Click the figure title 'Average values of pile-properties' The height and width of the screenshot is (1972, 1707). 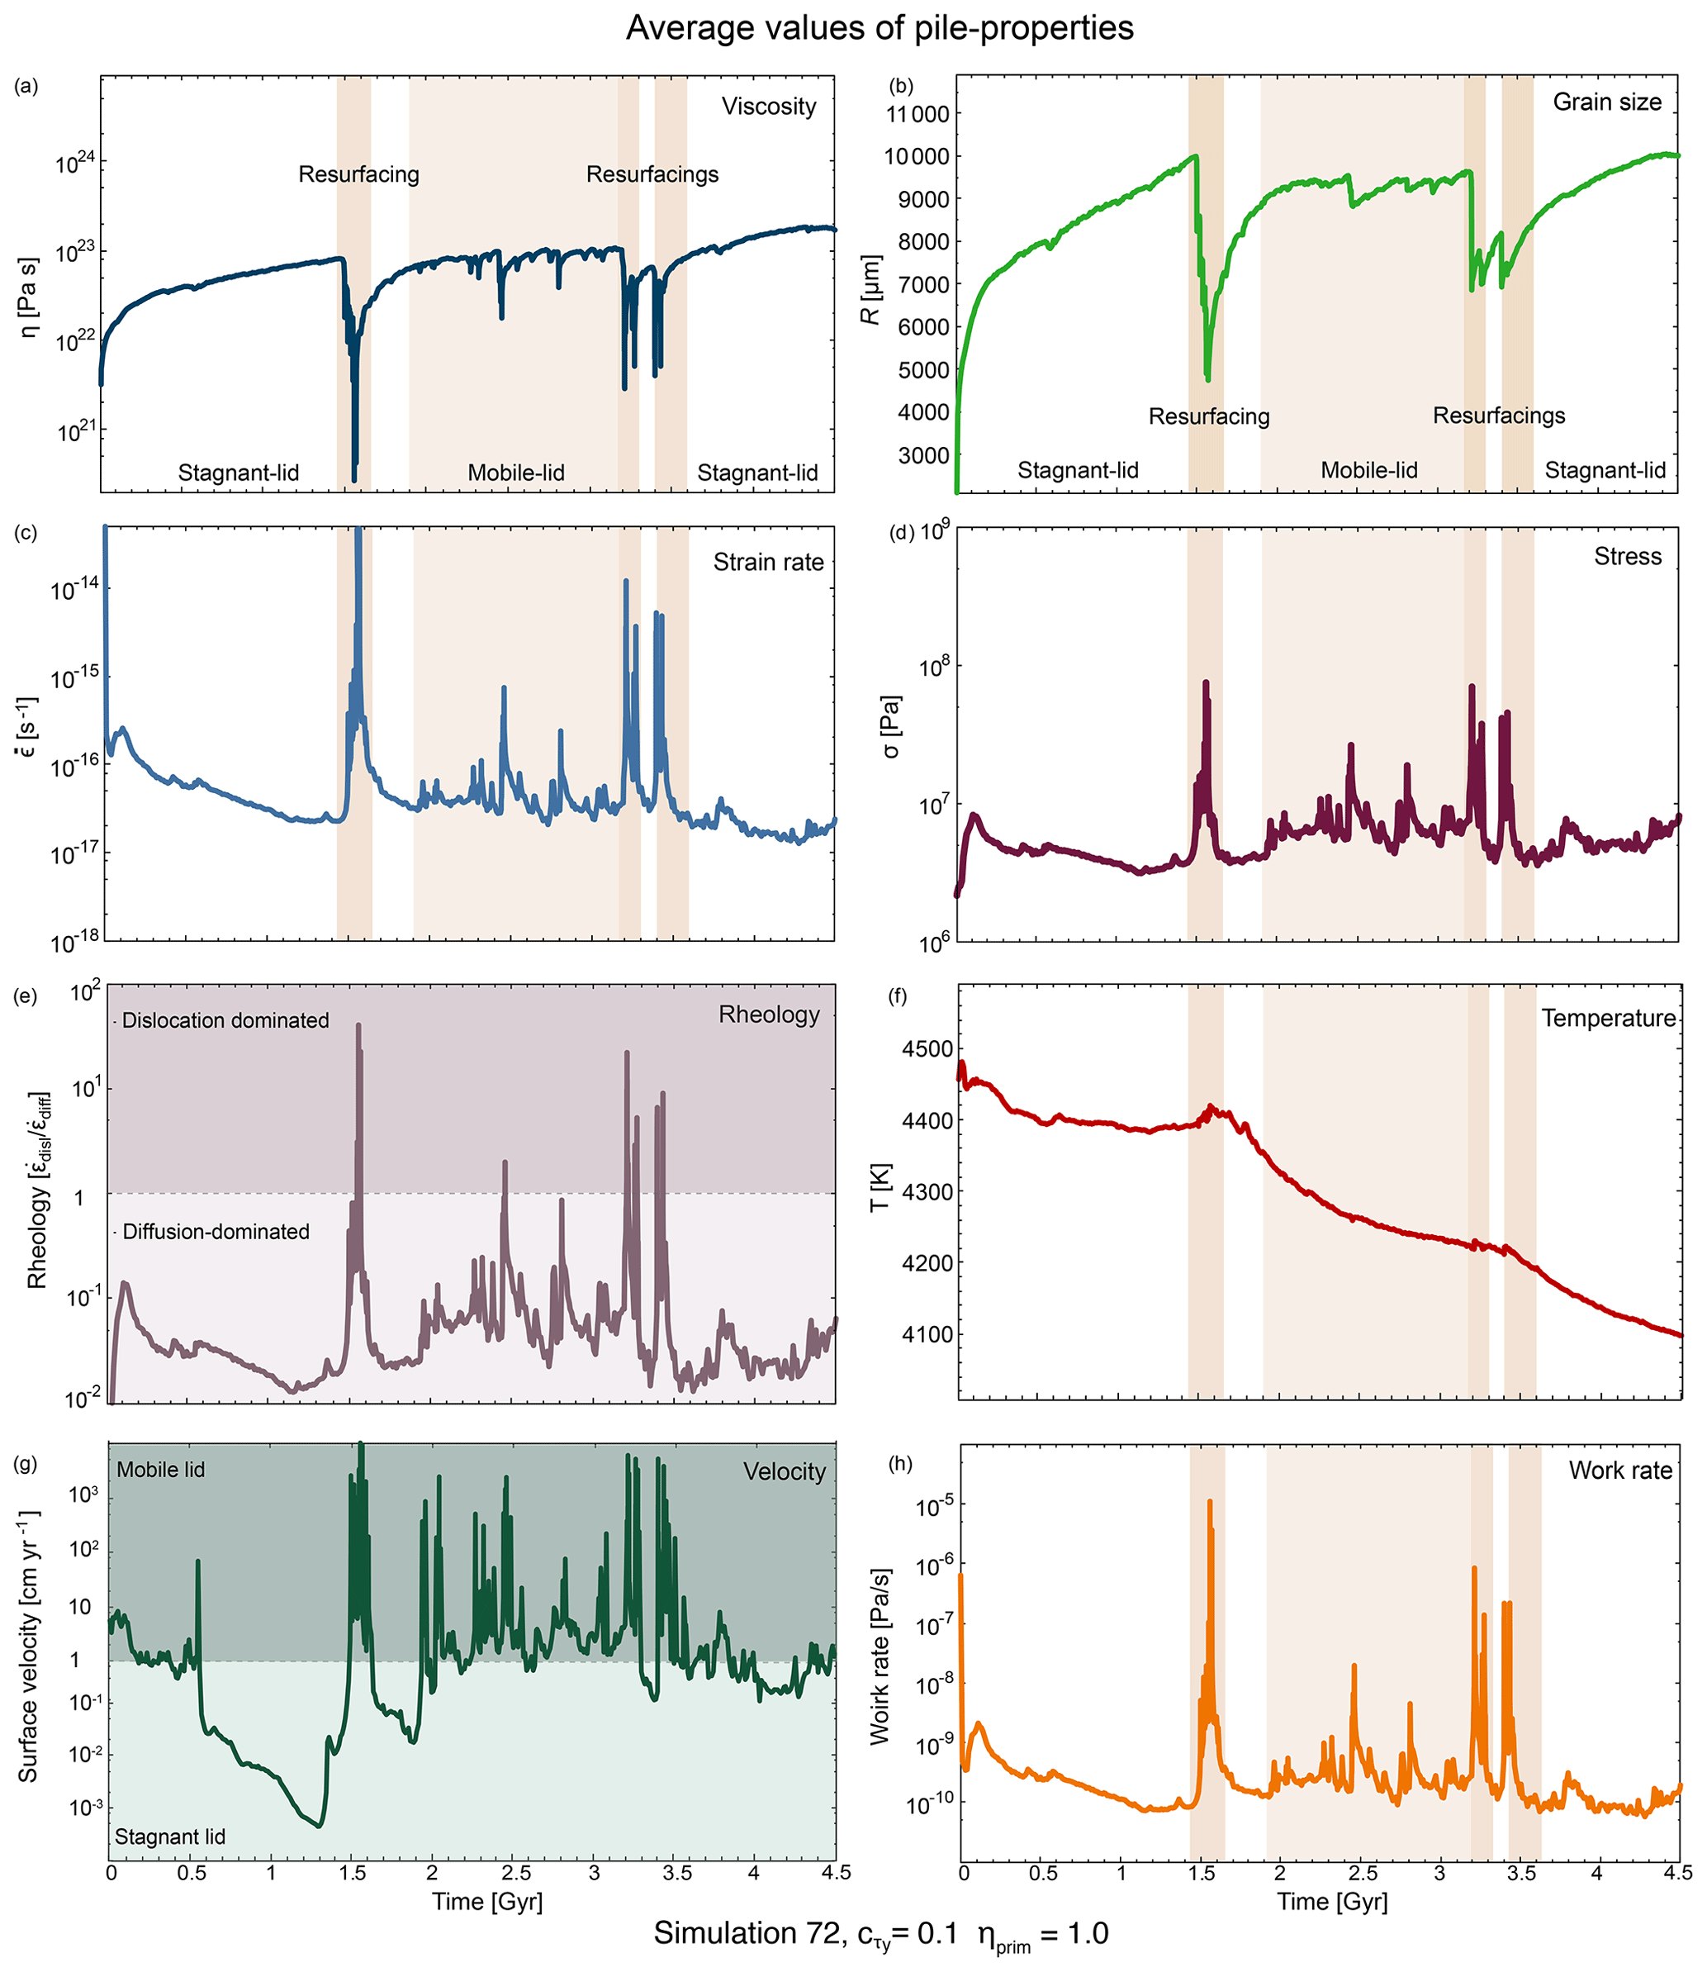click(x=880, y=29)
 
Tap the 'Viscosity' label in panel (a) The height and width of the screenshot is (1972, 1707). click(x=769, y=106)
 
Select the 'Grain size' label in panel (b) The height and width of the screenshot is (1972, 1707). click(x=1607, y=102)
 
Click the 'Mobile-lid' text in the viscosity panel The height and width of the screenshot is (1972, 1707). click(x=515, y=473)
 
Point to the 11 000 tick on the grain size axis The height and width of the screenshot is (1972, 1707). click(x=918, y=114)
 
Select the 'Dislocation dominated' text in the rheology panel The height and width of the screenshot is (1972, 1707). click(x=225, y=1020)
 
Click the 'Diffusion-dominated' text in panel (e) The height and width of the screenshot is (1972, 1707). click(x=216, y=1232)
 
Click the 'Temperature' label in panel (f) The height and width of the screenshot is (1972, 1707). click(x=1608, y=1019)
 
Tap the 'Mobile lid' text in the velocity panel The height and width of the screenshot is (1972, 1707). click(x=160, y=1470)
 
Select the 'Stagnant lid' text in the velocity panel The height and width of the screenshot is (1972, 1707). click(x=169, y=1837)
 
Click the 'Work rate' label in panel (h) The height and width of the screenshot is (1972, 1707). click(x=1620, y=1470)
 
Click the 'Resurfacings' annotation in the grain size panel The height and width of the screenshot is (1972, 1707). click(x=1498, y=416)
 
